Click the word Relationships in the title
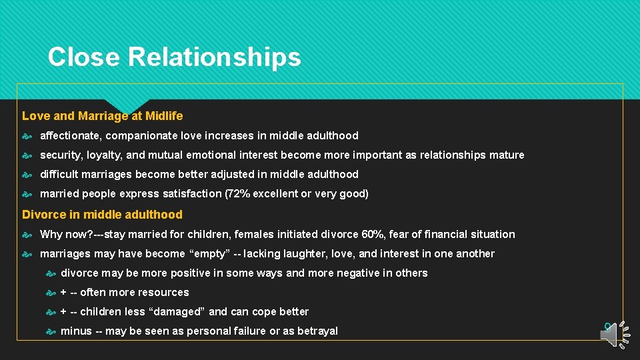214,57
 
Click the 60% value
369,235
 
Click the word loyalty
105,155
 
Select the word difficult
60,175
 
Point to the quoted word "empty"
211,254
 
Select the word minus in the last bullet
76,331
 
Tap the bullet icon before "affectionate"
27,136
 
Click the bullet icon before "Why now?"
27,235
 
